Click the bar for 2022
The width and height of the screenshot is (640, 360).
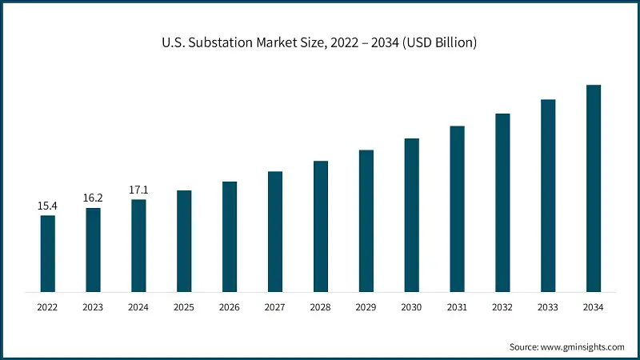click(x=48, y=253)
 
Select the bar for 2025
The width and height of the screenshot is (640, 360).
click(x=184, y=240)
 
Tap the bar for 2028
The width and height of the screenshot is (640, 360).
click(x=321, y=226)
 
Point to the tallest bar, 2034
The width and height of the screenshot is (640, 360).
click(x=594, y=187)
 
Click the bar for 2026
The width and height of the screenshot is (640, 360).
click(x=230, y=236)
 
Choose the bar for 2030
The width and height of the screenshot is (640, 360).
click(x=412, y=214)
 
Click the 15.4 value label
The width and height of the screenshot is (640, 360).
click(x=48, y=206)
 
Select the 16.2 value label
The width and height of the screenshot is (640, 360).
click(x=94, y=198)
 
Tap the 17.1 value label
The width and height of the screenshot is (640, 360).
click(x=138, y=190)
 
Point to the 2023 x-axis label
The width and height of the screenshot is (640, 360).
click(x=94, y=307)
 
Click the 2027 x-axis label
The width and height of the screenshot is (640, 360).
click(x=275, y=307)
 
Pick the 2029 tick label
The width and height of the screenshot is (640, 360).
click(x=366, y=307)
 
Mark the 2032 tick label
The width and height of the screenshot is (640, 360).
click(x=502, y=307)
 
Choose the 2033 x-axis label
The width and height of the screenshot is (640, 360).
click(x=548, y=307)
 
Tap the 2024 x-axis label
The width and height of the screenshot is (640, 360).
click(x=138, y=307)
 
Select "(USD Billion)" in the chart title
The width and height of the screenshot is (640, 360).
click(x=438, y=43)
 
